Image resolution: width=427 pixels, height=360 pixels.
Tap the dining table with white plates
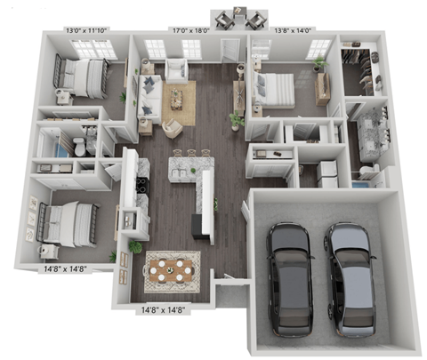point(172,268)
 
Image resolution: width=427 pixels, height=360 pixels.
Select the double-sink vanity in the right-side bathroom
point(365,133)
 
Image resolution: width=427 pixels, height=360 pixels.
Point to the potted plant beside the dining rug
point(135,245)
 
